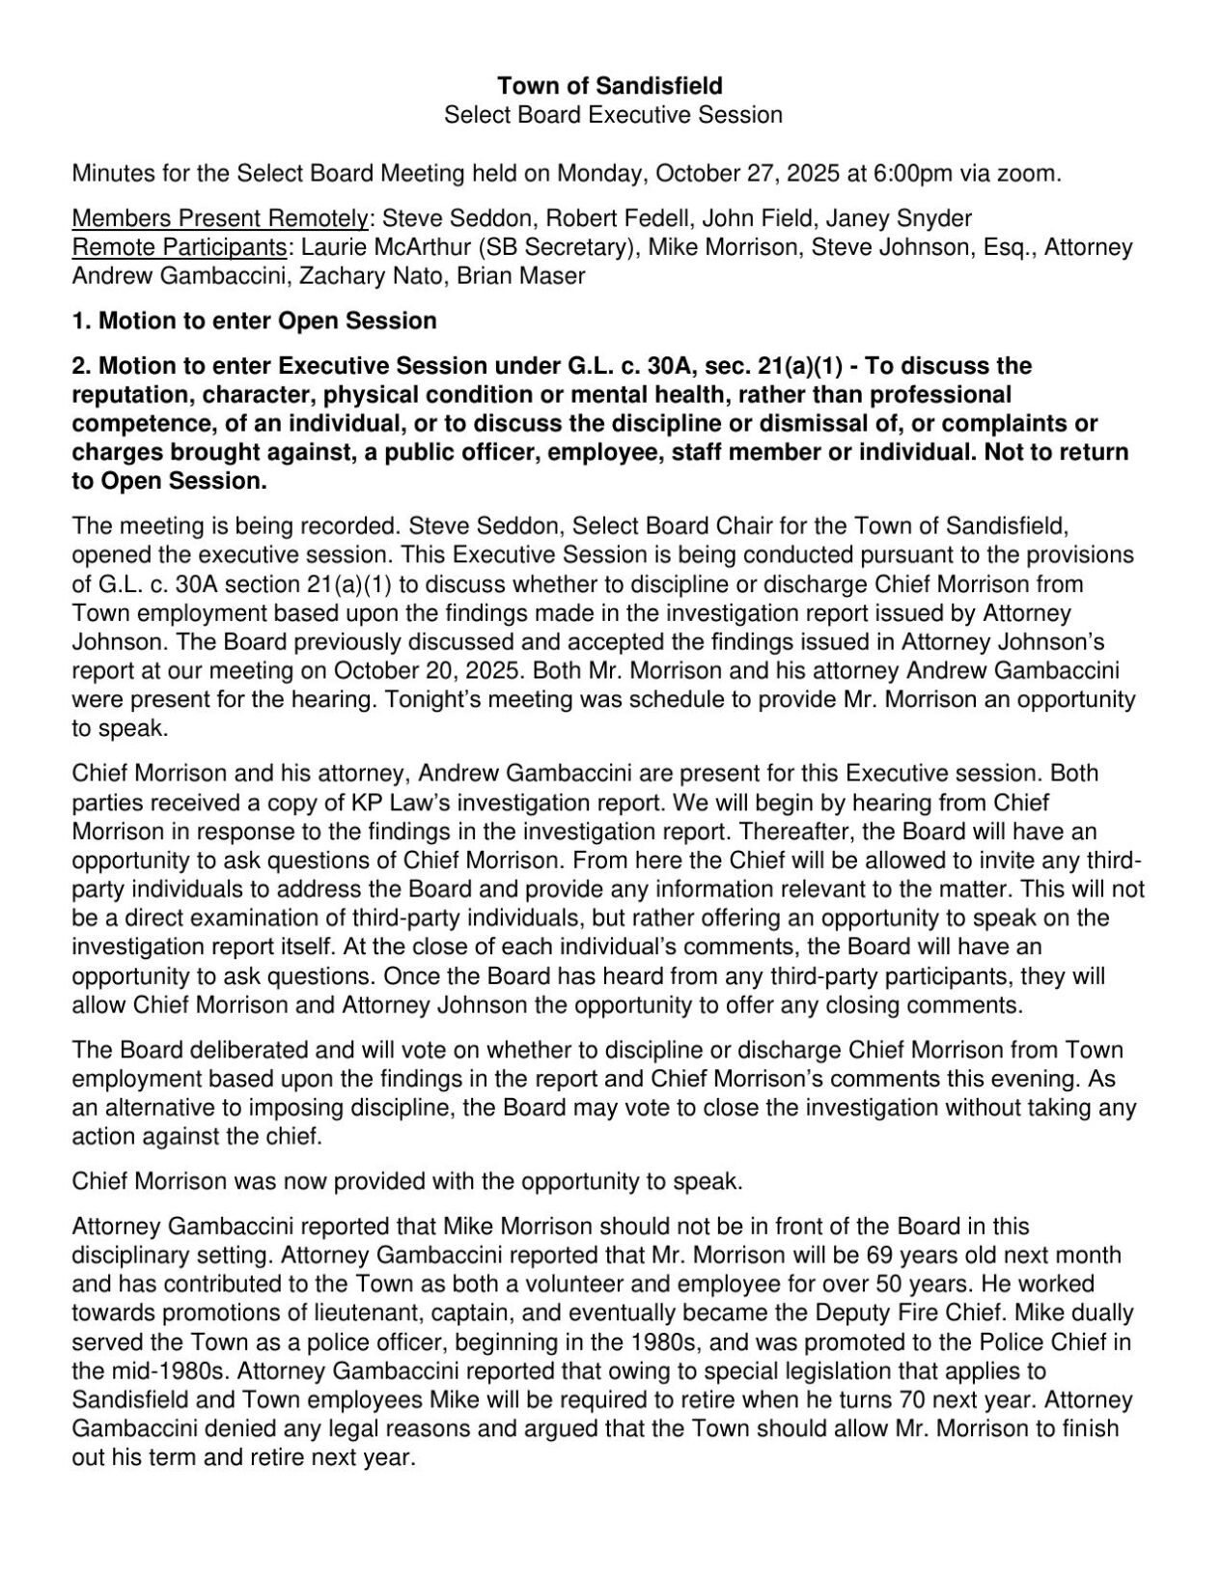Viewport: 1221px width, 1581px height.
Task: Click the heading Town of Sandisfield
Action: [x=610, y=87]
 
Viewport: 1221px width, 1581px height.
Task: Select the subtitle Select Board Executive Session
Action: [x=612, y=116]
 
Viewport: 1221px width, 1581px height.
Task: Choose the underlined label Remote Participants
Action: [x=180, y=247]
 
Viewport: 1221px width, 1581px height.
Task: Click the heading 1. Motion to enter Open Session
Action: [x=255, y=321]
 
